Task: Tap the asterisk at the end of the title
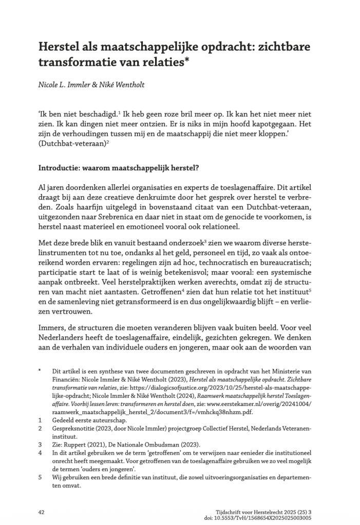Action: pyautogui.click(x=189, y=63)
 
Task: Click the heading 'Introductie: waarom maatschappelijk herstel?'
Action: pyautogui.click(x=122, y=167)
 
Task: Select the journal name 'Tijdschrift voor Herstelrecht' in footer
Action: pyautogui.click(x=250, y=512)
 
